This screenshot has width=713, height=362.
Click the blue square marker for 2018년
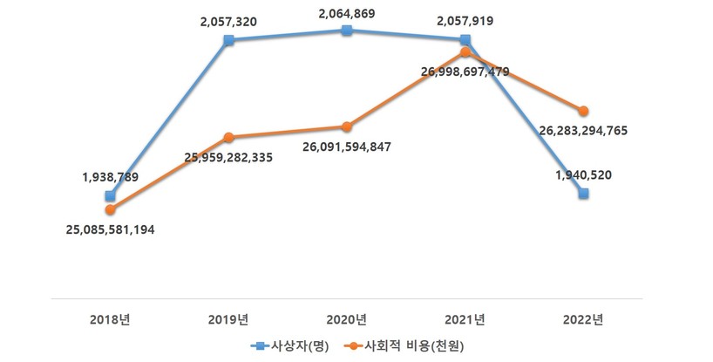pos(110,196)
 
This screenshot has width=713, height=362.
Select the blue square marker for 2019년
pos(228,40)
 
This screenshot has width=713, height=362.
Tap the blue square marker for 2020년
pos(347,30)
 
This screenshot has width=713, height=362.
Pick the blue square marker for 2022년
pos(583,194)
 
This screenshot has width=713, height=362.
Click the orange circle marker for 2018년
pos(110,209)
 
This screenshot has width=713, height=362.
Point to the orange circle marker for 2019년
pos(228,137)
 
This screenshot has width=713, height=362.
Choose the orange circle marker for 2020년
pos(347,126)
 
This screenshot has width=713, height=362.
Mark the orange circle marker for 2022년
pos(583,111)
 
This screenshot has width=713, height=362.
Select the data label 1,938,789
pos(109,177)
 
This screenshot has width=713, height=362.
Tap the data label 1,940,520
pos(582,174)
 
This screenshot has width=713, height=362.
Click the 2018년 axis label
pos(110,318)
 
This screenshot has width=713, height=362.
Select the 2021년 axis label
pos(465,318)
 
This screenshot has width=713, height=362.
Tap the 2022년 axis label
pos(583,318)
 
